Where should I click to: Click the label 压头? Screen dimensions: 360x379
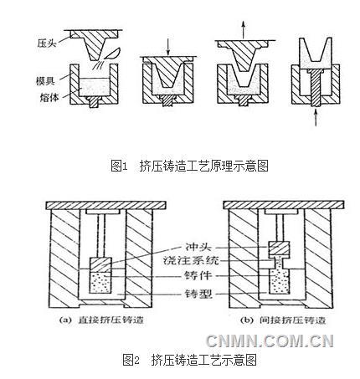pyautogui.click(x=47, y=44)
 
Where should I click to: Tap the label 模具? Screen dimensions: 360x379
pyautogui.click(x=45, y=81)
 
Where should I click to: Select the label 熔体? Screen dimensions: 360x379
pyautogui.click(x=49, y=97)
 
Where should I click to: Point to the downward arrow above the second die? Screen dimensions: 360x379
pyautogui.click(x=168, y=47)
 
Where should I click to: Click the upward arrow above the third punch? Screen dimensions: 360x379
pyautogui.click(x=244, y=30)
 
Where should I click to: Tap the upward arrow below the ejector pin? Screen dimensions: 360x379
pyautogui.click(x=316, y=118)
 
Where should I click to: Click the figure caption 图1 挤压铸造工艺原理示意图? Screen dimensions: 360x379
pyautogui.click(x=189, y=166)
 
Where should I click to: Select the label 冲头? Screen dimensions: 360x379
pyautogui.click(x=198, y=247)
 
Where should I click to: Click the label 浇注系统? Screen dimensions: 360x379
pyautogui.click(x=191, y=261)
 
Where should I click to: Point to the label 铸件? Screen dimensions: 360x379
pyautogui.click(x=198, y=275)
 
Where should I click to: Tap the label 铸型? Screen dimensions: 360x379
pyautogui.click(x=198, y=294)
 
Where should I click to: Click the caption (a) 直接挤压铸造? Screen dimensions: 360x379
pyautogui.click(x=101, y=320)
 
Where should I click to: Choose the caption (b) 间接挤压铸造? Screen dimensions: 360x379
pyautogui.click(x=283, y=320)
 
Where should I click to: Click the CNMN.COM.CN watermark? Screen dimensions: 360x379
pyautogui.click(x=270, y=341)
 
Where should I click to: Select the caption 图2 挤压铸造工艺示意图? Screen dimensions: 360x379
pyautogui.click(x=189, y=360)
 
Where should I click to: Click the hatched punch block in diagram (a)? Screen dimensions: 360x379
pyautogui.click(x=100, y=264)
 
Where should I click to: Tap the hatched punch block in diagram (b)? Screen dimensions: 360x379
pyautogui.click(x=279, y=248)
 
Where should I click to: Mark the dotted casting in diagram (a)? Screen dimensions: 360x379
pyautogui.click(x=100, y=282)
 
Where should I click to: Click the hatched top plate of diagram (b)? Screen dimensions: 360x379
pyautogui.click(x=283, y=205)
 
